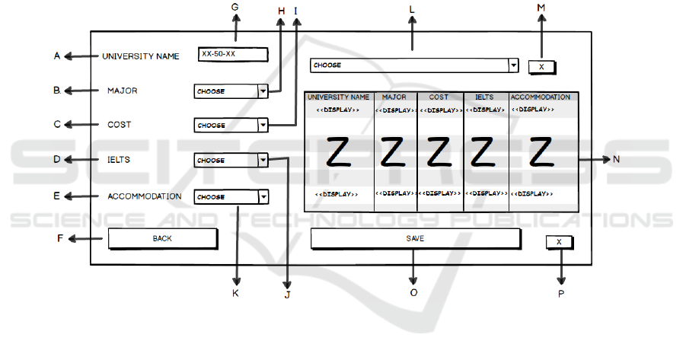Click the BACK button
tap(162, 238)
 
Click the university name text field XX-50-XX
tap(233, 54)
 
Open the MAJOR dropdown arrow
tap(263, 91)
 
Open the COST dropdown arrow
tap(263, 125)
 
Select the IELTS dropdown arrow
tap(263, 160)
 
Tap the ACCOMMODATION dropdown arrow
tap(263, 196)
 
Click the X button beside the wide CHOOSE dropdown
tap(541, 67)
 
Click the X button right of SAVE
tap(559, 242)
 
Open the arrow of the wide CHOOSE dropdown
tap(513, 65)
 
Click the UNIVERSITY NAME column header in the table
tap(339, 97)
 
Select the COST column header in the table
tap(439, 97)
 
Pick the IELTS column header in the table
tap(485, 97)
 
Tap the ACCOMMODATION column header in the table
tap(541, 97)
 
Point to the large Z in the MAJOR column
tap(394, 152)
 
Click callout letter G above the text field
tap(235, 7)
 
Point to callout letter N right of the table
tap(616, 160)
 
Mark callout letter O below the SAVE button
tap(413, 292)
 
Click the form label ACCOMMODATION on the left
tap(145, 196)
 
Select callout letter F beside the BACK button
tap(60, 238)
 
